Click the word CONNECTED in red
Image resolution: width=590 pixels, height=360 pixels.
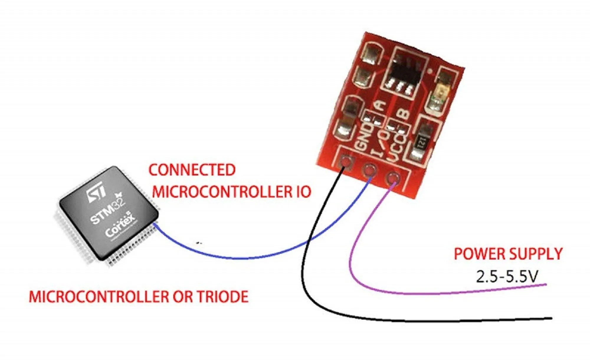(192, 170)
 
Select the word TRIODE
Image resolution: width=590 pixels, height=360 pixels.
(222, 297)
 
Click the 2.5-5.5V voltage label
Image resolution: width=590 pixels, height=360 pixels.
(507, 277)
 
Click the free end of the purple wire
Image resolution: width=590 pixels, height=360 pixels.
(546, 285)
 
